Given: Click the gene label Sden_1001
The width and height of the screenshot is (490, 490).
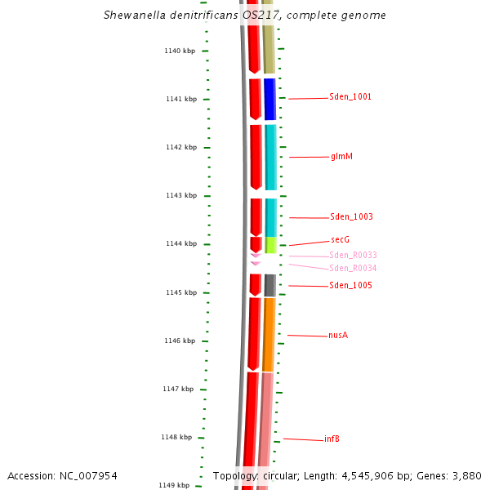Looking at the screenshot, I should (x=350, y=97).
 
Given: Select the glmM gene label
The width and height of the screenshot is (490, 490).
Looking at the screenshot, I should (x=341, y=156).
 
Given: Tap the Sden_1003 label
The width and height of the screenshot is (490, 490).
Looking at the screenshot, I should (x=351, y=217).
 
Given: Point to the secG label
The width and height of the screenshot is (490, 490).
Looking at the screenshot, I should (x=340, y=239).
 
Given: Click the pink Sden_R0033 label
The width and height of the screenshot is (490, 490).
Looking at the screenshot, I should (x=353, y=256).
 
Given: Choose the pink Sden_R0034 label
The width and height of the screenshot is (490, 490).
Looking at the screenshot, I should (x=353, y=268).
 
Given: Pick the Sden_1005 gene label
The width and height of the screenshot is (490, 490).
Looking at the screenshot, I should (x=350, y=286).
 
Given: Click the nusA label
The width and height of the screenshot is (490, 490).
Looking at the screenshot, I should (x=338, y=336).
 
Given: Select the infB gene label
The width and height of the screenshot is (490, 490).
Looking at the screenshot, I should (x=332, y=439).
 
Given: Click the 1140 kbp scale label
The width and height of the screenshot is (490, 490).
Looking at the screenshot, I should (x=180, y=51).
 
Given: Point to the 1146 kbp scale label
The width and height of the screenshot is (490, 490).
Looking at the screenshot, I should (x=180, y=341).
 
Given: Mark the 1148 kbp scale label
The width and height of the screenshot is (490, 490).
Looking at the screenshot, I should (x=176, y=437).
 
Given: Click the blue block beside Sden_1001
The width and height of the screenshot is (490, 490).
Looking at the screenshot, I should (x=269, y=99).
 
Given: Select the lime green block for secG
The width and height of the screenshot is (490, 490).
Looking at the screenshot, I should (x=271, y=245).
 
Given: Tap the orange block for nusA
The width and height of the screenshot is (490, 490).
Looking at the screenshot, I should (x=269, y=335).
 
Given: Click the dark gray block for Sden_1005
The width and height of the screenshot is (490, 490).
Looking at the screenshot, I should (x=269, y=285).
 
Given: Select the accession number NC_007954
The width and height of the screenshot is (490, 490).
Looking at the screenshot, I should (x=88, y=475).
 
